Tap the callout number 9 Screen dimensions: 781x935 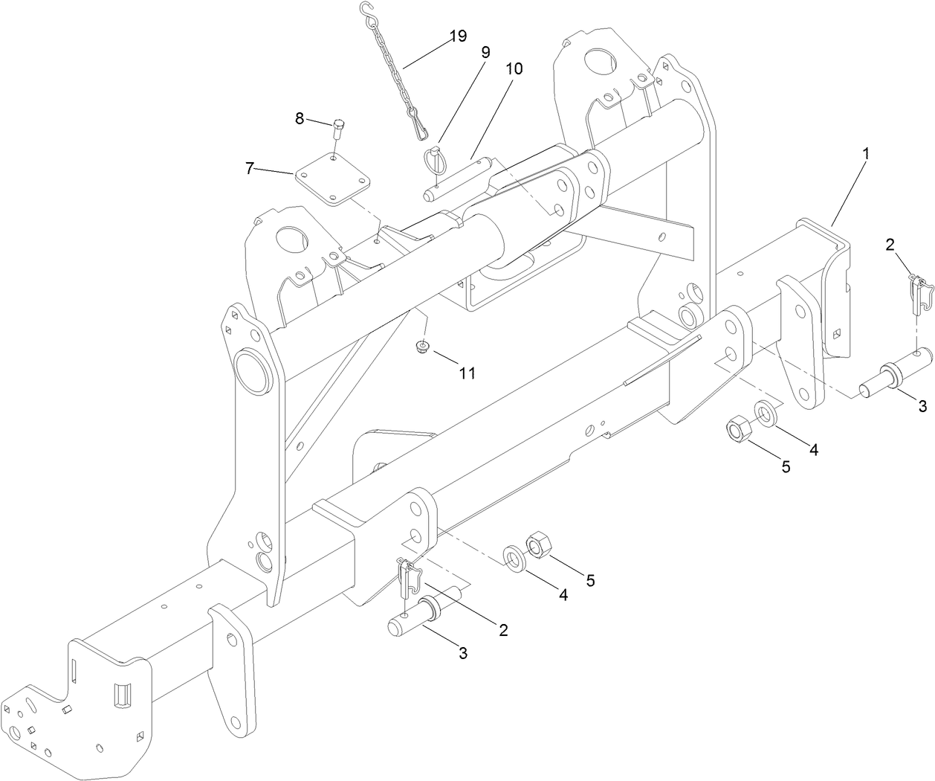tap(485, 52)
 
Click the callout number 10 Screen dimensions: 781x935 tap(514, 68)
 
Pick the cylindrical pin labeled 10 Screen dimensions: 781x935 tap(456, 179)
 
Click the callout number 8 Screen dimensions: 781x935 tap(300, 118)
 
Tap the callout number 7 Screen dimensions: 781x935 tap(250, 169)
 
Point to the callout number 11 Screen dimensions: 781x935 tap(466, 373)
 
